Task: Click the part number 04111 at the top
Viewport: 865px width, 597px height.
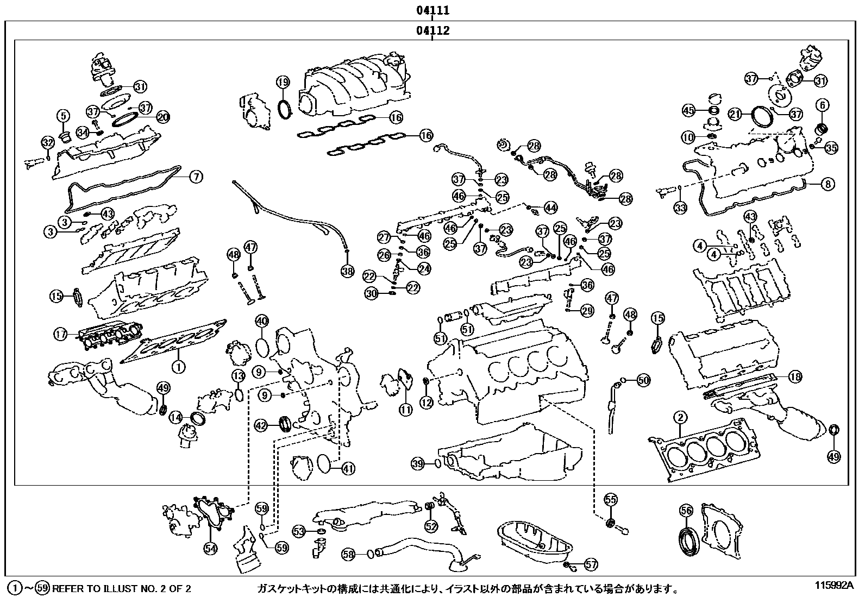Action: coord(432,10)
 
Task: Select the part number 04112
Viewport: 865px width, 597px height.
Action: coord(432,30)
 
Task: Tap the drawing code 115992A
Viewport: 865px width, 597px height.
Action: coord(834,586)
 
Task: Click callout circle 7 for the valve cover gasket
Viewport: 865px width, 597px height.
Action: coord(196,177)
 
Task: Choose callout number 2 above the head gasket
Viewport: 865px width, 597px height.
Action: coord(680,418)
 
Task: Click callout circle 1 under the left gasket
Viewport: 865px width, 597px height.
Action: coord(178,367)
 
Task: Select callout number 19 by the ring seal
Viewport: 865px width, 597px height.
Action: coord(283,83)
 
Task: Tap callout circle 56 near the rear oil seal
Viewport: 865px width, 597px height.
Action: coord(686,510)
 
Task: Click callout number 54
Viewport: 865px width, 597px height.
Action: coord(210,549)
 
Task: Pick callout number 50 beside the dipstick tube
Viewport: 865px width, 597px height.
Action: coord(643,380)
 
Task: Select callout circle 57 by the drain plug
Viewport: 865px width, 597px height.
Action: coord(591,565)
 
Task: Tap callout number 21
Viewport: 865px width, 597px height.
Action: coord(736,114)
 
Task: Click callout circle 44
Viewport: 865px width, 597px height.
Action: coord(550,208)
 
